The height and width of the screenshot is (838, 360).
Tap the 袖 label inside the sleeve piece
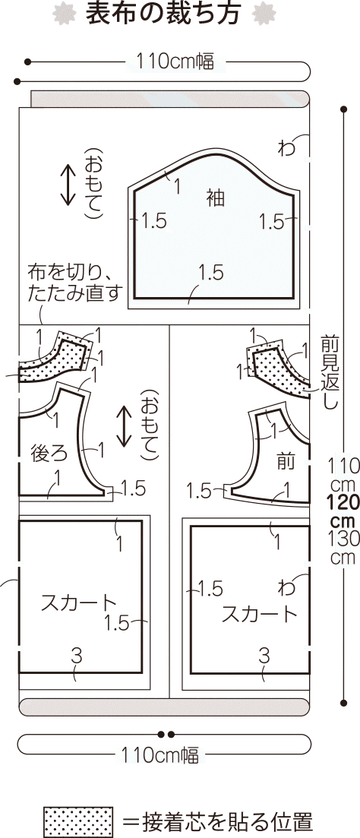pyautogui.click(x=216, y=199)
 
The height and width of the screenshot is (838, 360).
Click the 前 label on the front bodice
pyautogui.click(x=286, y=462)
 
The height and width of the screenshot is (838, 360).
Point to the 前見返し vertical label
pyautogui.click(x=329, y=372)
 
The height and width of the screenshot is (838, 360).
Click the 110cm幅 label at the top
pyautogui.click(x=175, y=62)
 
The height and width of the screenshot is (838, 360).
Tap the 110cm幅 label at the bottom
pyautogui.click(x=159, y=756)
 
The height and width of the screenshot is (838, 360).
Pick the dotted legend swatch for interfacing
pyautogui.click(x=78, y=821)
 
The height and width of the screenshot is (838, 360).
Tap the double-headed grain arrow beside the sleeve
pyautogui.click(x=68, y=185)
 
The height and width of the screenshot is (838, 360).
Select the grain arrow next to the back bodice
pyautogui.click(x=124, y=426)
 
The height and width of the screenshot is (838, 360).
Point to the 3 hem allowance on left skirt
pyautogui.click(x=77, y=655)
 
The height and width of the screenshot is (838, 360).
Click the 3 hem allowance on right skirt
pyautogui.click(x=264, y=655)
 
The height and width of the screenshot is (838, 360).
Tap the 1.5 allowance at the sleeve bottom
pyautogui.click(x=210, y=273)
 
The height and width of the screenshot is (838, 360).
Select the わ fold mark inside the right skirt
pyautogui.click(x=286, y=588)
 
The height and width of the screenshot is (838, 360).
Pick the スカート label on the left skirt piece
pyautogui.click(x=78, y=602)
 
